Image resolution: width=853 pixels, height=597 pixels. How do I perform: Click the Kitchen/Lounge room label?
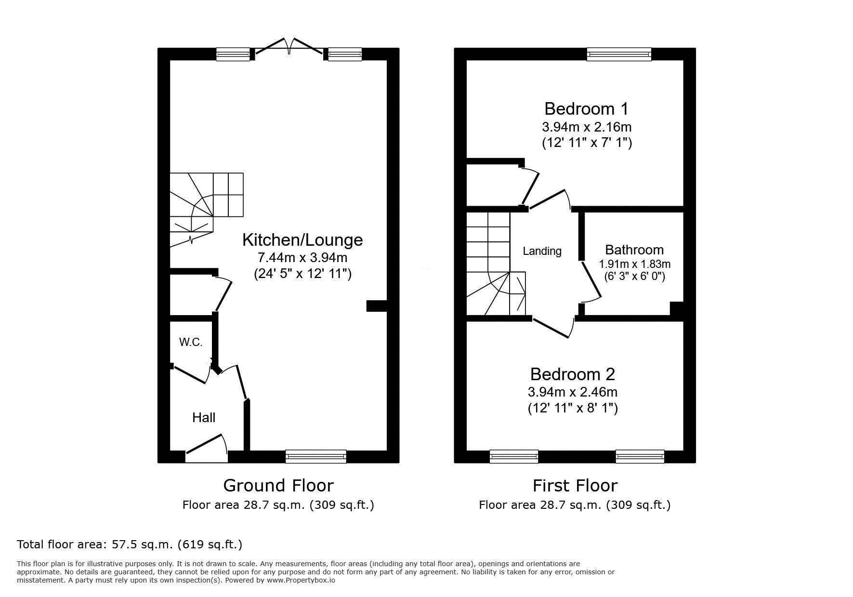tap(302, 239)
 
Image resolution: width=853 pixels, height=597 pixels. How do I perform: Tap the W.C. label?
tap(191, 342)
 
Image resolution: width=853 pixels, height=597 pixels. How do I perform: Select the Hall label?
tap(204, 417)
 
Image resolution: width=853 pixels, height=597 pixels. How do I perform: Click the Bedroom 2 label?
tap(572, 374)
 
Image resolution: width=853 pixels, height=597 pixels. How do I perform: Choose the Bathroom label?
tap(634, 250)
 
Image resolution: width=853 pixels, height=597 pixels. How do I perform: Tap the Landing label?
tap(542, 251)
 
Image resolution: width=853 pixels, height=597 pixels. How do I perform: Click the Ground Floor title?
tap(278, 485)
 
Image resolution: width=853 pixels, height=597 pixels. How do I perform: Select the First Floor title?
tap(575, 485)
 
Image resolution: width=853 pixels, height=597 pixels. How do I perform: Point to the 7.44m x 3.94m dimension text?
tap(302, 257)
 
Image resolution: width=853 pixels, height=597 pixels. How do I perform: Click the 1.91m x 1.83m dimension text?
tap(635, 264)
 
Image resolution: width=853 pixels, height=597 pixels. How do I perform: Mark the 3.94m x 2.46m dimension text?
tap(573, 392)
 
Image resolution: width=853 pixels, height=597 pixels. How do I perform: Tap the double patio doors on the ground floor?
tap(289, 48)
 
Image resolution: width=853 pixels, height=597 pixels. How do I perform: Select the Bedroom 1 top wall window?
tap(619, 54)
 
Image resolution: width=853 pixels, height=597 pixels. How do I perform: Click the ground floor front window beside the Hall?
tap(316, 456)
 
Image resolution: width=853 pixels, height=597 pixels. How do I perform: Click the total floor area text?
tap(130, 544)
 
